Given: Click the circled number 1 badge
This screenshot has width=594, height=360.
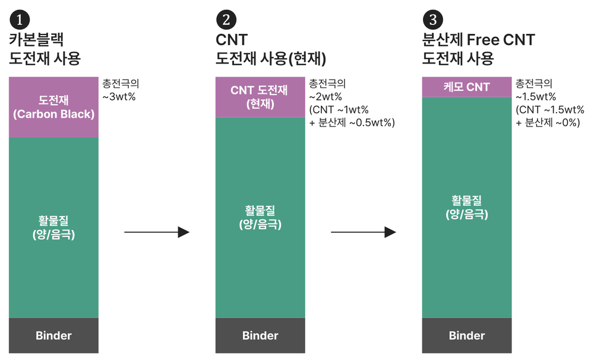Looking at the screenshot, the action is tap(20, 20).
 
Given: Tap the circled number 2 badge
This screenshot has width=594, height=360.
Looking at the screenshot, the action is tap(226, 20).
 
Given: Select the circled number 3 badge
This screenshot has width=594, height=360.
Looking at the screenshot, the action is tap(432, 20).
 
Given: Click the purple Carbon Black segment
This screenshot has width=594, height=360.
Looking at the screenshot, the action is tap(54, 108).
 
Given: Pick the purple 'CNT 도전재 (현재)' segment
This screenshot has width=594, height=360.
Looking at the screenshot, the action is tap(260, 97).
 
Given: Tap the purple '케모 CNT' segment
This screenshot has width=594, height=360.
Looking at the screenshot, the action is tap(467, 87).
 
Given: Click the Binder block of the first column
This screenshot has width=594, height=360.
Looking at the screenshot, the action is tap(54, 336).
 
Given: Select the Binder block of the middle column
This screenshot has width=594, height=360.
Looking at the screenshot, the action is tap(260, 336).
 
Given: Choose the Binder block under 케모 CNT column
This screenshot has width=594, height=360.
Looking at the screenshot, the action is tap(467, 336).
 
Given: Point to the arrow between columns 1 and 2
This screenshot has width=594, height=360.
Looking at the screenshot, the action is tap(157, 232).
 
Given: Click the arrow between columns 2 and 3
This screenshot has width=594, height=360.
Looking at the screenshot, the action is tap(364, 232).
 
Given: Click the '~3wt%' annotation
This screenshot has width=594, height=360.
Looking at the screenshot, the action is tap(119, 97).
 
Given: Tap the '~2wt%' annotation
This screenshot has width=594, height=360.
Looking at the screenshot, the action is tap(326, 97).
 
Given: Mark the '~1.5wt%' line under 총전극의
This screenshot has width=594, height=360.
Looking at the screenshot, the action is tap(536, 97).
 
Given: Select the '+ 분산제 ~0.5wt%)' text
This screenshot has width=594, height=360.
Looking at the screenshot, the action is tap(352, 123).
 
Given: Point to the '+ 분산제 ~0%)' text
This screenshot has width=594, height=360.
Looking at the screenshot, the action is tap(548, 123).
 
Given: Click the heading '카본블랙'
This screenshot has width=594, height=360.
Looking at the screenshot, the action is tap(36, 39).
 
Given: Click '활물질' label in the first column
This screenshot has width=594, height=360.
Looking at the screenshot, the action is tap(53, 220).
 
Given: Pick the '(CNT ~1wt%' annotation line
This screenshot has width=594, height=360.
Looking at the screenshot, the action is tap(339, 110).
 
